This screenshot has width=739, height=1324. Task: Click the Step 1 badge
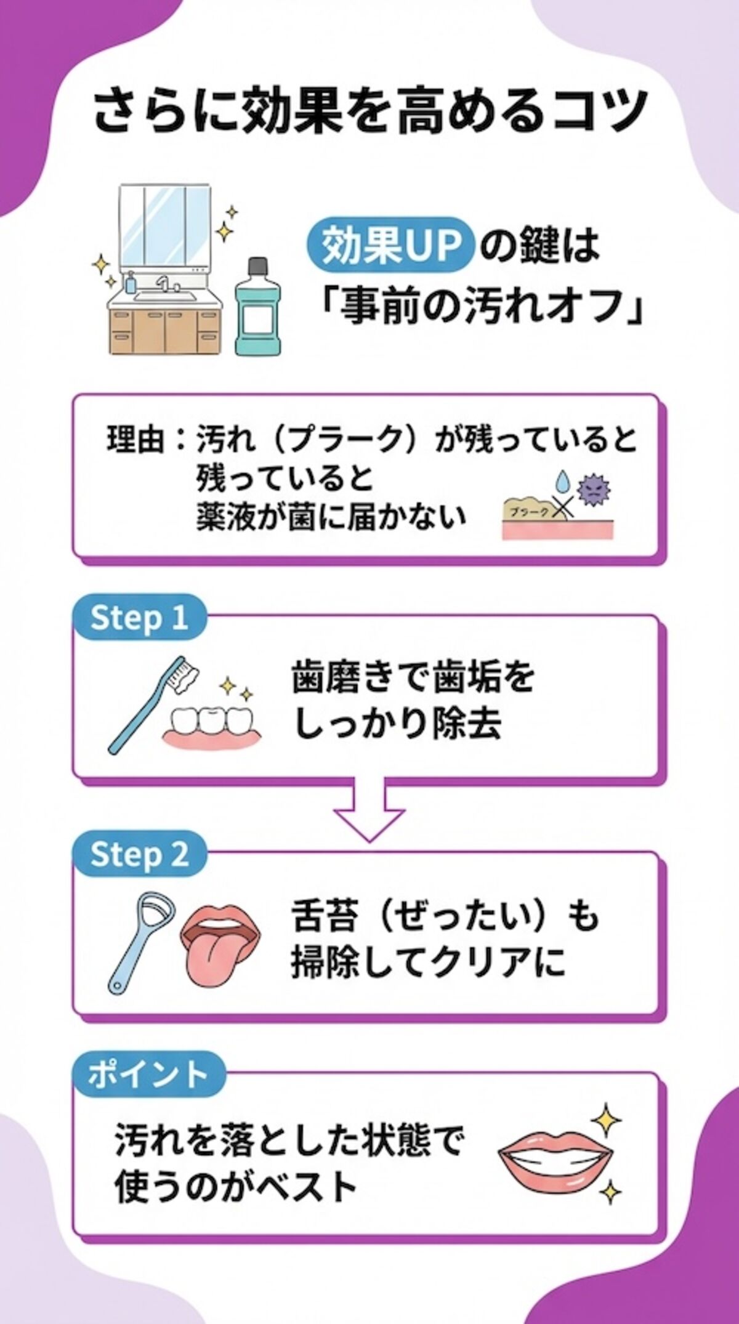pos(139,618)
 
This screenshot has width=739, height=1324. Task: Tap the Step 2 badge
pos(139,855)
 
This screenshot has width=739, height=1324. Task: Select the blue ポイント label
pos(148,1075)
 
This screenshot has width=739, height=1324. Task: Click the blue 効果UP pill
pos(392,245)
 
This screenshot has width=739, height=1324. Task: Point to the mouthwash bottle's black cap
pos(257,267)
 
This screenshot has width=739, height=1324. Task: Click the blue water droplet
pos(562,482)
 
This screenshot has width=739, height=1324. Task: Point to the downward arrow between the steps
pos(369,810)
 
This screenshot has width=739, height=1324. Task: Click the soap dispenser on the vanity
pos(131,282)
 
